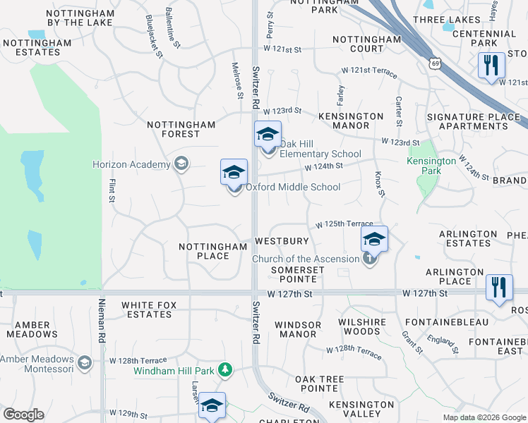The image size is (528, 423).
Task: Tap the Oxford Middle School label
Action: pyautogui.click(x=293, y=187)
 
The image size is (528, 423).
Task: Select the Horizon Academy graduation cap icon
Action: pyautogui.click(x=181, y=164)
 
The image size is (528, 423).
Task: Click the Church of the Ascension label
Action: pyautogui.click(x=306, y=259)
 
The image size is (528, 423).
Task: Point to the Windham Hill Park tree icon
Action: pyautogui.click(x=225, y=369)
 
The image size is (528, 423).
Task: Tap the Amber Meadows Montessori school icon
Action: pyautogui.click(x=85, y=363)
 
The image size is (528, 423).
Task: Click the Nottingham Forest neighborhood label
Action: pyautogui.click(x=181, y=129)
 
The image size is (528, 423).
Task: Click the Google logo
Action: pyautogui.click(x=23, y=415)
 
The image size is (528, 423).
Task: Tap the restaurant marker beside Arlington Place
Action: pyautogui.click(x=499, y=287)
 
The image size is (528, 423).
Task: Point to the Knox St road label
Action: pyautogui.click(x=379, y=184)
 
